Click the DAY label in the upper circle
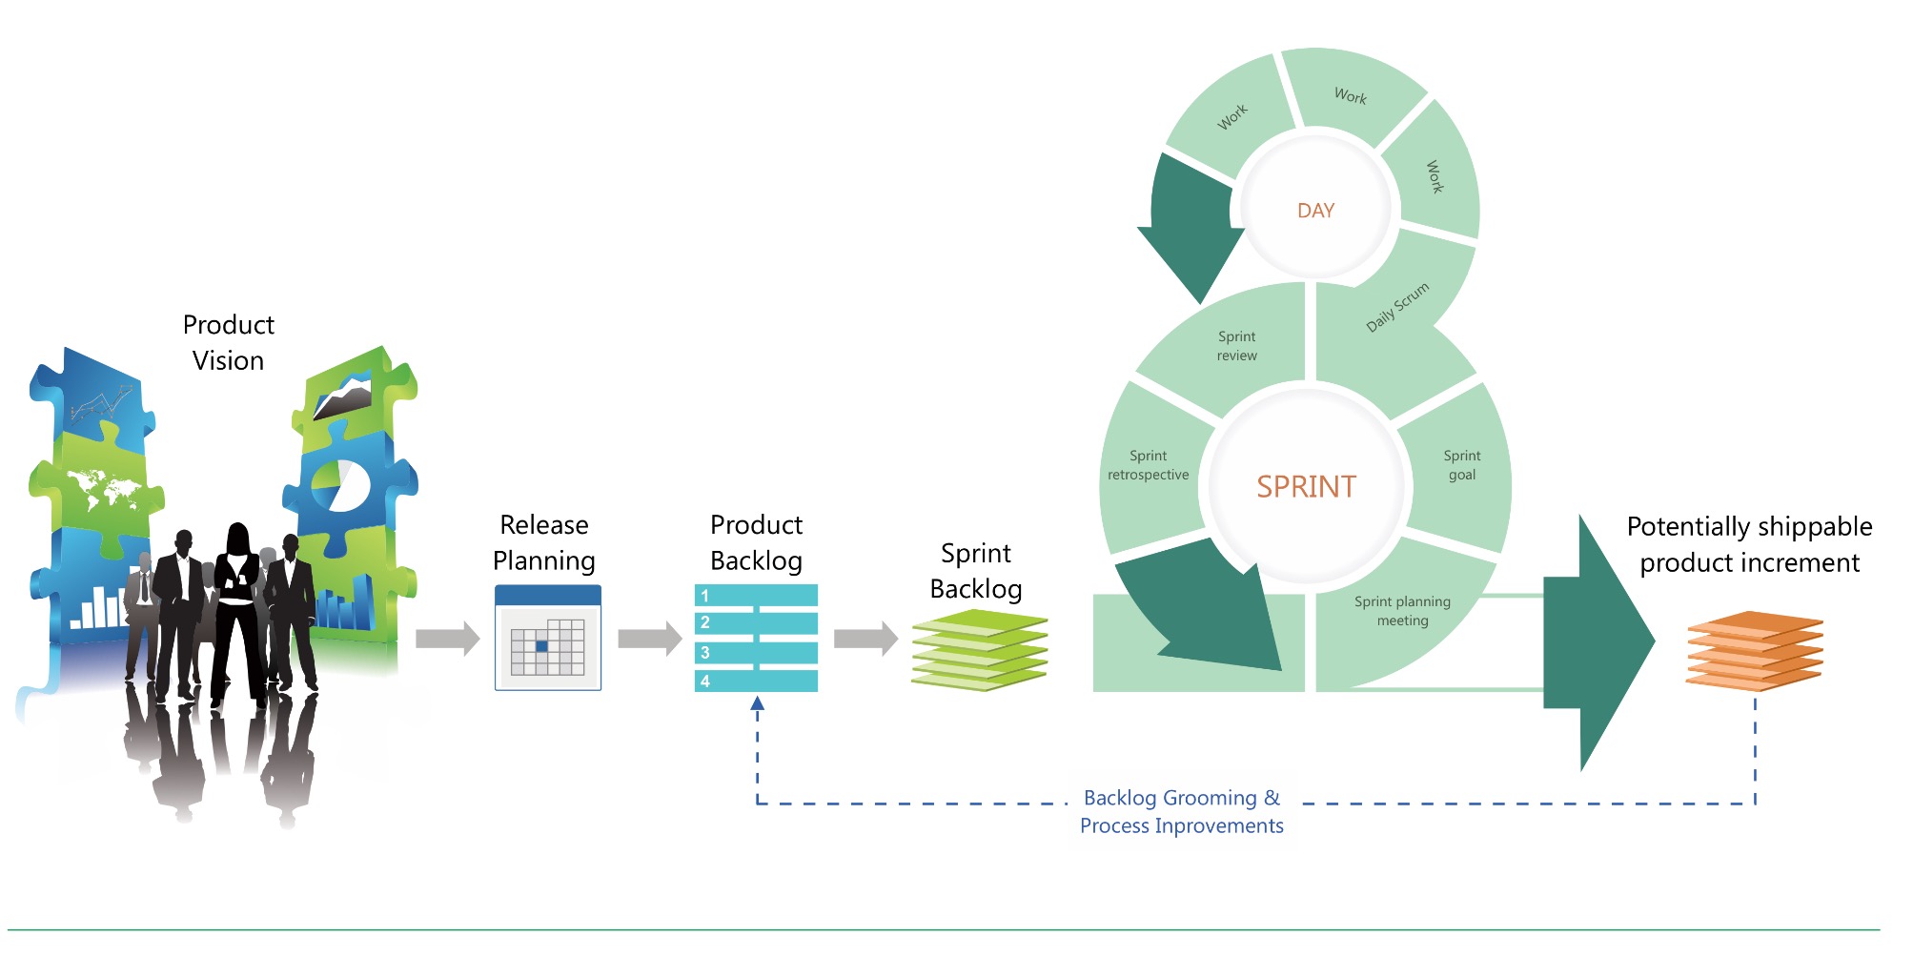click(1315, 211)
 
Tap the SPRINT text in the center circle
click(1306, 487)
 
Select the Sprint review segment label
click(1236, 346)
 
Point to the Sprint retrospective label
click(1148, 465)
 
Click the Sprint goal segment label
click(1461, 465)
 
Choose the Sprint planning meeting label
click(1402, 611)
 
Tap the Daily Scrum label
click(1397, 307)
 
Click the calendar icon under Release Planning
click(548, 638)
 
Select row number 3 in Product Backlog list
click(756, 653)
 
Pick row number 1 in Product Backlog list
click(756, 596)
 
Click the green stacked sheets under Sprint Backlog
click(980, 650)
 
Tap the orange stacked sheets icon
click(1754, 651)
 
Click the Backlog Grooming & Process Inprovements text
click(1182, 812)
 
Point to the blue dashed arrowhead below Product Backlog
click(757, 704)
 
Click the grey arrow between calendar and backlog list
click(649, 639)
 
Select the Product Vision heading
click(228, 343)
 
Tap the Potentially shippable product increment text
click(1749, 544)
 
